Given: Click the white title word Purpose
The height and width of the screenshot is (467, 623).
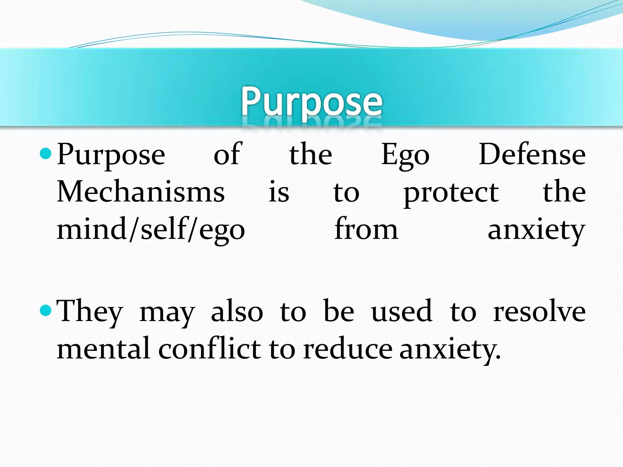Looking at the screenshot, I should [x=311, y=102].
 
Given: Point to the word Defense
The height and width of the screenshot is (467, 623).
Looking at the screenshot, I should [x=532, y=154].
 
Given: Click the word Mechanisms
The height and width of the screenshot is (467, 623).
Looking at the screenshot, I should [x=141, y=192].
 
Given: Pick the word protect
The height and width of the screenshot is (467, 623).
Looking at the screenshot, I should [x=451, y=193].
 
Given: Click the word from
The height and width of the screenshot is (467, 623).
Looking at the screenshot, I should [x=366, y=229].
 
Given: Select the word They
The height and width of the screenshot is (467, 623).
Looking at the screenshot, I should [x=90, y=311].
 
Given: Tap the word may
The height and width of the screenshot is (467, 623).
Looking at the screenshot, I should [x=167, y=313].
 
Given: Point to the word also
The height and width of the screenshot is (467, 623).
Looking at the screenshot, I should [x=237, y=311].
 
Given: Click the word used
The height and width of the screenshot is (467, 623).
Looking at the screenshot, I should [x=402, y=311].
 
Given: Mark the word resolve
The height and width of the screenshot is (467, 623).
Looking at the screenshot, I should [x=539, y=311].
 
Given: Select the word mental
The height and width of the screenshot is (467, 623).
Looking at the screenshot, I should [x=103, y=348].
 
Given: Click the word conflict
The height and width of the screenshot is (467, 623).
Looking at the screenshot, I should [x=210, y=348].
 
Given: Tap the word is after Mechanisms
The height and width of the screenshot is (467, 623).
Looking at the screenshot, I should [x=279, y=192].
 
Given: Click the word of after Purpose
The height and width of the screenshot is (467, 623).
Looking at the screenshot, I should [x=228, y=154].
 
